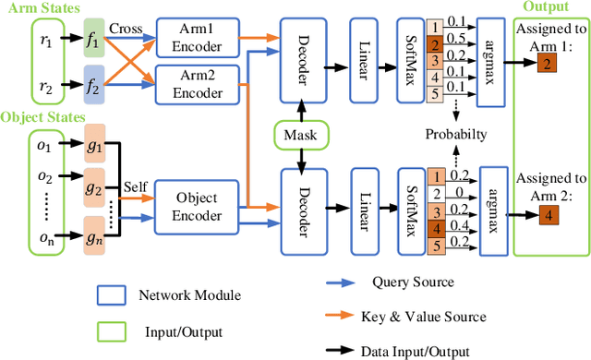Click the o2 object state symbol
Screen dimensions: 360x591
[19, 176]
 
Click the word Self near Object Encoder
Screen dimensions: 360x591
[136, 186]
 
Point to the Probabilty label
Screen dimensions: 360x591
[456, 135]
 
